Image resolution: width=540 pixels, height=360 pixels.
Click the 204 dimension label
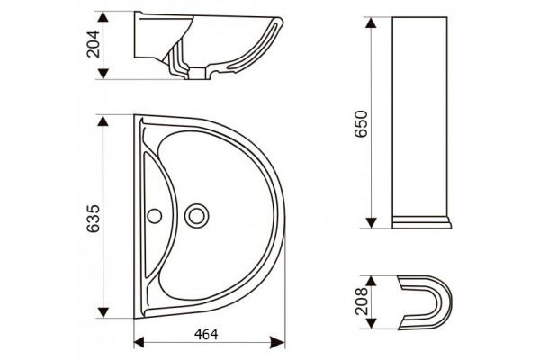93,44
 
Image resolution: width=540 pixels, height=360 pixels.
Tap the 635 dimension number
93,219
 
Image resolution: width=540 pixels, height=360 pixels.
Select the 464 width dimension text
206,334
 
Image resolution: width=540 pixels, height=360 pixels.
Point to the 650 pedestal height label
362,123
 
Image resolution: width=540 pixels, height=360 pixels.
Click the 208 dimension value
362,301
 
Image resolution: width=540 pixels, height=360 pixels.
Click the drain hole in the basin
196,216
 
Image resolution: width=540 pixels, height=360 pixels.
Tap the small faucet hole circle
155,216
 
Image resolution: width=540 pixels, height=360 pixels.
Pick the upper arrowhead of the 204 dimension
103,16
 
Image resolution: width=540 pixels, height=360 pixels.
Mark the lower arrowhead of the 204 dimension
103,74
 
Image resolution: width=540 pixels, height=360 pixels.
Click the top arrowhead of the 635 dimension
103,121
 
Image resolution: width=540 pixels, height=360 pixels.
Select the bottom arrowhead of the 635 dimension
103,312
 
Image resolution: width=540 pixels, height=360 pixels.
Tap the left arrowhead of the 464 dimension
139,342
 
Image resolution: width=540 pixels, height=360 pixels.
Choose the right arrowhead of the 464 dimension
278,342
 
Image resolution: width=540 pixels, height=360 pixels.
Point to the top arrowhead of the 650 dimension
371,22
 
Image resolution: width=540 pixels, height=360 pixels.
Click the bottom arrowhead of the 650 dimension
371,222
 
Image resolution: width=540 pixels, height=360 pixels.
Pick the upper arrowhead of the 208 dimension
371,281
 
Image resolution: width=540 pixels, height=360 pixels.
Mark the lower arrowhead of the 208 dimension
371,323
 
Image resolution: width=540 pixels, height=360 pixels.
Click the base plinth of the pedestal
422,222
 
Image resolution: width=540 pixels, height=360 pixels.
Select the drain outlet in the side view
198,74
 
